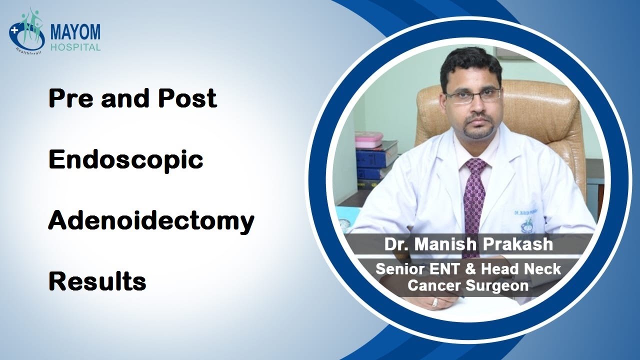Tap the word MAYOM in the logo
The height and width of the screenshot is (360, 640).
75,32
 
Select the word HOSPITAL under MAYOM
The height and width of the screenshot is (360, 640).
75,47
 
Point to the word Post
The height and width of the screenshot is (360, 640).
188,98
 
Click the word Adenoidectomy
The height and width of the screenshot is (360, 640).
151,221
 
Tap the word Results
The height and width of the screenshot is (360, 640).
97,282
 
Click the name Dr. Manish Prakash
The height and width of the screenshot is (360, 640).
468,244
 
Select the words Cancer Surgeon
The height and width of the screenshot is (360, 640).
468,285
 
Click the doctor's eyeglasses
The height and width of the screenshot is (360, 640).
472,94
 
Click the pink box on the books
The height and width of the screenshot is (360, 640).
368,139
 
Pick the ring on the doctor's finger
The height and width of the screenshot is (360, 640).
435,302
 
